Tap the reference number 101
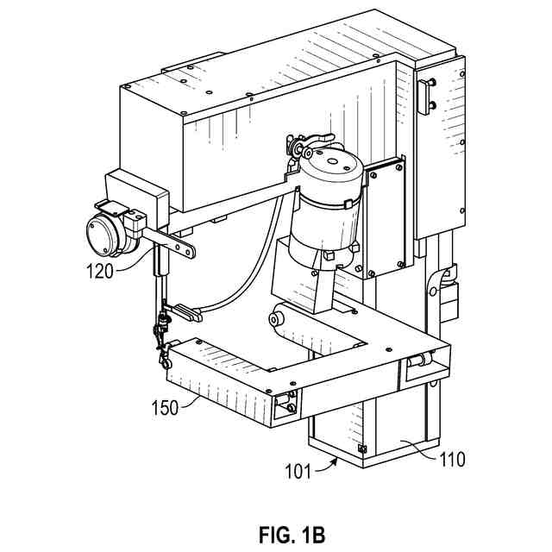301,471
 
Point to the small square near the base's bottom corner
361,448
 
